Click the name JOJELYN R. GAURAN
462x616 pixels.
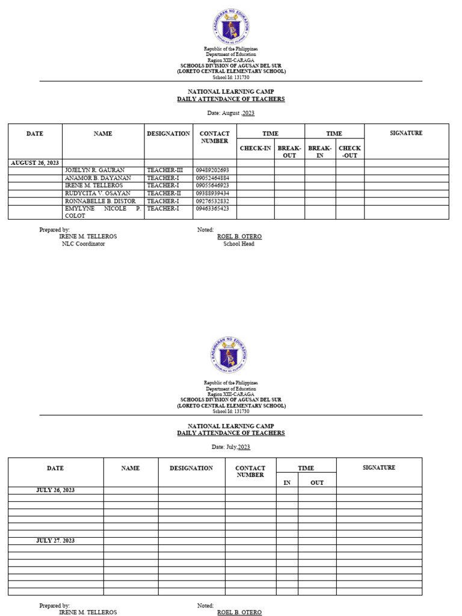coord(94,170)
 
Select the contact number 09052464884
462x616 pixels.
coord(212,178)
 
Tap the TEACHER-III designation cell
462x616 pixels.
coord(164,170)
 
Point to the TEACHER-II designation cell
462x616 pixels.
coord(164,193)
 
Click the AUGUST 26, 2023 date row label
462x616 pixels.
coord(35,162)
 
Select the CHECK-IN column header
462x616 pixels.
coord(256,148)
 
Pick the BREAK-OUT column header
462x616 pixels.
coord(289,152)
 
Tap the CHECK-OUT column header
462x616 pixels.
coord(350,152)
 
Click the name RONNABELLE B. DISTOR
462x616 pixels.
coord(100,201)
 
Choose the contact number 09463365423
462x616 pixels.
coord(212,208)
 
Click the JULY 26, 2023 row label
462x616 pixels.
coord(55,490)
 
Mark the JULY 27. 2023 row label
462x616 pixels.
coord(55,540)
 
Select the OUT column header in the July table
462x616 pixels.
coord(316,482)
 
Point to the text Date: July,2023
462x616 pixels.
coord(231,447)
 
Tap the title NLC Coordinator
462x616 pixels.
coord(83,244)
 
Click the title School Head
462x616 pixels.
coord(239,244)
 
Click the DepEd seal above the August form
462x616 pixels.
coord(231,25)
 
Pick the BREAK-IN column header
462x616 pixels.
coord(320,152)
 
